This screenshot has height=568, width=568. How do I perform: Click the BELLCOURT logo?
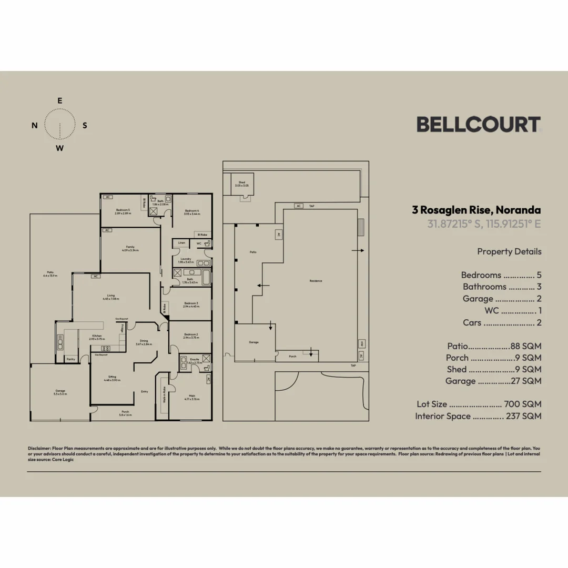[x=478, y=125]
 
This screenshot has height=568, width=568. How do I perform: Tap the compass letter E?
[x=60, y=100]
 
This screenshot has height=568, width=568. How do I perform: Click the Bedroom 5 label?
[x=123, y=210]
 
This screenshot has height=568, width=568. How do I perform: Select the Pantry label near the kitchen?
[x=70, y=359]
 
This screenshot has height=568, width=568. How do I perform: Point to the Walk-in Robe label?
[x=164, y=394]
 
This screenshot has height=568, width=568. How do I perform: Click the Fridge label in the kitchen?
[x=122, y=327]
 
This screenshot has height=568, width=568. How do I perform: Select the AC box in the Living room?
[x=96, y=276]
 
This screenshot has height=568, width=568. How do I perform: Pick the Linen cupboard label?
[x=181, y=242]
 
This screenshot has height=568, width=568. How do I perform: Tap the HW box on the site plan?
[x=362, y=343]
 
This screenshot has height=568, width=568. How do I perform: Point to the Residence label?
[x=316, y=281]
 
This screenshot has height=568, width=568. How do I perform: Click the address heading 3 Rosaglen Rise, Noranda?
[x=476, y=210]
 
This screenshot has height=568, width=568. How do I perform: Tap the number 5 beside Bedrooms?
[x=539, y=275]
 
